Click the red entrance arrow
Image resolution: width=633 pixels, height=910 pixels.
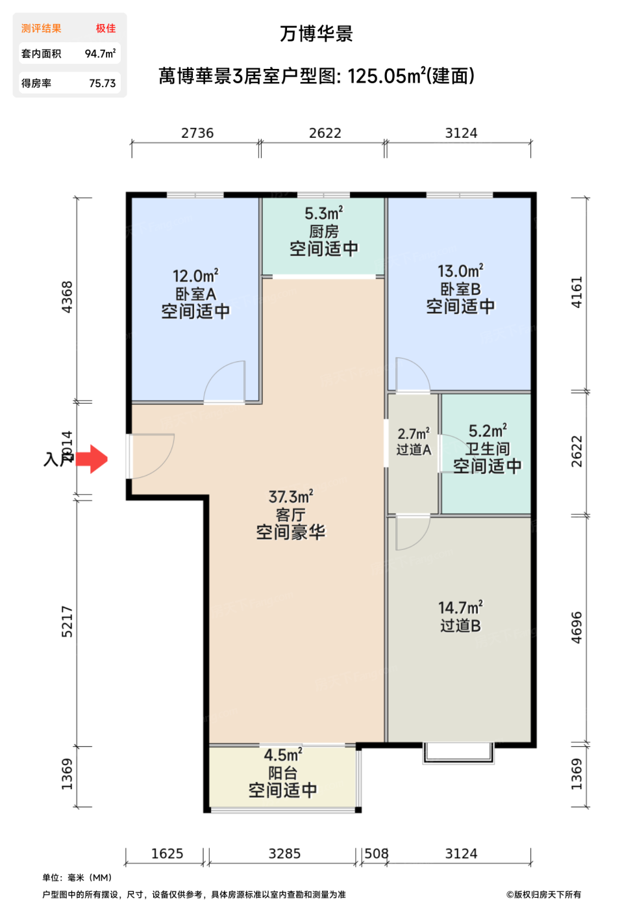(x=92, y=459)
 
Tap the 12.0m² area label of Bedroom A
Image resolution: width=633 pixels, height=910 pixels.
(x=195, y=276)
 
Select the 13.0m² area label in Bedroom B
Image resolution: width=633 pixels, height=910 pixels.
(x=460, y=271)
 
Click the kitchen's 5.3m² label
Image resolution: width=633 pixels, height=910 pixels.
(x=323, y=214)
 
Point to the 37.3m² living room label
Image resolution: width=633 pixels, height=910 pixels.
(x=291, y=497)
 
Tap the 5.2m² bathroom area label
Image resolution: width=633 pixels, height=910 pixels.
(x=488, y=431)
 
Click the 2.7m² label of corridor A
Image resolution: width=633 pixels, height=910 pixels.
(x=414, y=434)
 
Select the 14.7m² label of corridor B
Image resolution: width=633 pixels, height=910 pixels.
(x=460, y=608)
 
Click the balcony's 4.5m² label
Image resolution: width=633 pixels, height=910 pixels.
(x=283, y=755)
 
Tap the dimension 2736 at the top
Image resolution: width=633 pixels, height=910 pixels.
(x=197, y=133)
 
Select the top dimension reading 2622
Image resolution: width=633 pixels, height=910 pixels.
(x=325, y=133)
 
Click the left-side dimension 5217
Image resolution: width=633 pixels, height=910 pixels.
(x=68, y=621)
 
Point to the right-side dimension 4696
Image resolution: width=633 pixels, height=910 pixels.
(x=577, y=627)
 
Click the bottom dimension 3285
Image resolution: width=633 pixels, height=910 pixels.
(x=284, y=854)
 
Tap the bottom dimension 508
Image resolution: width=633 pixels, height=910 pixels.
(x=376, y=854)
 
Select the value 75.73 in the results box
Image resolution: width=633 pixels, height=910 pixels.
(x=103, y=84)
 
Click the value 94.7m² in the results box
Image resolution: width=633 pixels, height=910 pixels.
(x=101, y=54)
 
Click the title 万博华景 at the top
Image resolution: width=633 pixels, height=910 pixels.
(x=316, y=34)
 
